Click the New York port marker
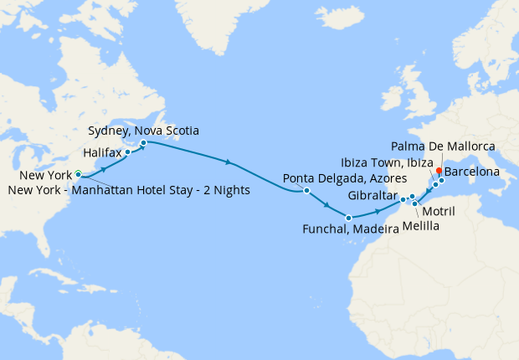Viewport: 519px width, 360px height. click(78, 174)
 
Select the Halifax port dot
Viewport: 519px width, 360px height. click(128, 152)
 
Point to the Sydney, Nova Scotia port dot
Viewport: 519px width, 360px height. click(143, 143)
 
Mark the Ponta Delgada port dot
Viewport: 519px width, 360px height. click(307, 191)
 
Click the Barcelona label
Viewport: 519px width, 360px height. click(472, 172)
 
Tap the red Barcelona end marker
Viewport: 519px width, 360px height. click(439, 171)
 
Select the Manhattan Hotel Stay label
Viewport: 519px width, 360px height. click(129, 190)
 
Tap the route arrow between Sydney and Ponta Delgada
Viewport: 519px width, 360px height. click(229, 161)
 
